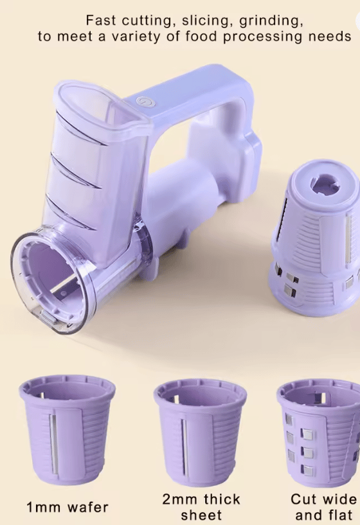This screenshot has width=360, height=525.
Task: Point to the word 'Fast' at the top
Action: point(102,21)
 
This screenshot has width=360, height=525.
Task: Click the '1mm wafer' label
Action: point(67,507)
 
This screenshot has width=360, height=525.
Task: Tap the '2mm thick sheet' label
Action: point(201,506)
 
